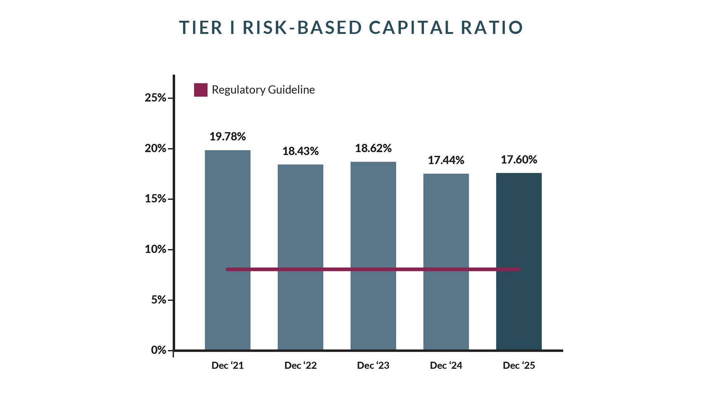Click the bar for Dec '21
click(227, 226)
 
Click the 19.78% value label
click(227, 136)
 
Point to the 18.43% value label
click(300, 151)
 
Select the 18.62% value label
click(373, 148)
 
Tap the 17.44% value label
click(446, 160)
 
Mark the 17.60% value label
click(519, 159)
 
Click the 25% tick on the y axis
click(155, 98)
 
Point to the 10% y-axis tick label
click(155, 249)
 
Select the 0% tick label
click(159, 350)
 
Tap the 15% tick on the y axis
click(155, 199)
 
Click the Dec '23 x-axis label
click(373, 365)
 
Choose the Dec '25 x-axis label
click(519, 365)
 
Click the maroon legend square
click(200, 90)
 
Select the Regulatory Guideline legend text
click(263, 90)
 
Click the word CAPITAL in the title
click(411, 28)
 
